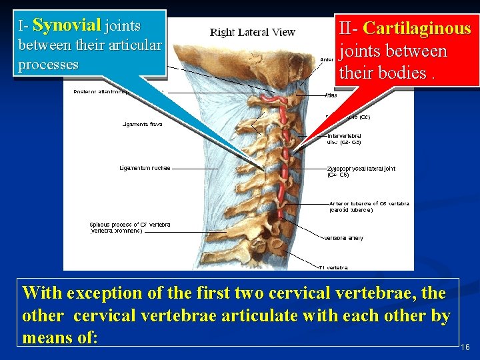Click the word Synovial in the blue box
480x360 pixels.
(67, 25)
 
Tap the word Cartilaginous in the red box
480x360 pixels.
(417, 29)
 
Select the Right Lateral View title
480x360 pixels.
(253, 32)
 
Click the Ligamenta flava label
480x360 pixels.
(142, 124)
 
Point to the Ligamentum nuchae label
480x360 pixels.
(145, 167)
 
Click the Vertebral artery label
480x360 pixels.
(343, 238)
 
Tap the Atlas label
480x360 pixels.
(331, 95)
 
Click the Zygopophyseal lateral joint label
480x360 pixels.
(361, 169)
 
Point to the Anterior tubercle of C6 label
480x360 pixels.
(369, 203)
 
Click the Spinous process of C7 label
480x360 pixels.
(130, 225)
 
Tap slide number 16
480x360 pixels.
(465, 347)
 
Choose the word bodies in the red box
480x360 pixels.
(402, 73)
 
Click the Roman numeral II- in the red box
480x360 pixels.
(349, 29)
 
